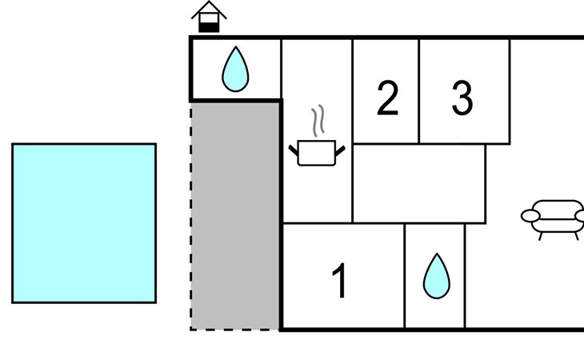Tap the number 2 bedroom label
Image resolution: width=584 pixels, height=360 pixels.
click(388, 98)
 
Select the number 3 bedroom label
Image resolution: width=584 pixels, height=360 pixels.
click(462, 98)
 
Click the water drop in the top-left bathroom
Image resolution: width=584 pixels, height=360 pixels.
click(235, 70)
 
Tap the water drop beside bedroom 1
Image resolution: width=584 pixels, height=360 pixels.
click(437, 276)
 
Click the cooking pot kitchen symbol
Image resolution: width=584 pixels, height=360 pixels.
click(317, 153)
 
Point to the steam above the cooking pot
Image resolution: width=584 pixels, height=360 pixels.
click(318, 120)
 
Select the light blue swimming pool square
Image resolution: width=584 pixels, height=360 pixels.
click(84, 223)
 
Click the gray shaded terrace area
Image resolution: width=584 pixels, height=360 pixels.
click(235, 215)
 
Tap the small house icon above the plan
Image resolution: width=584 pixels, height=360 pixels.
click(209, 17)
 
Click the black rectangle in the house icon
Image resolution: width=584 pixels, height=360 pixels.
click(209, 27)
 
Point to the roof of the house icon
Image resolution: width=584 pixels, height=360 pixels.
click(209, 10)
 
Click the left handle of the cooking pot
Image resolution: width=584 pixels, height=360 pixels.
click(294, 150)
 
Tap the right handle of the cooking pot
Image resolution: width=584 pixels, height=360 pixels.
click(340, 150)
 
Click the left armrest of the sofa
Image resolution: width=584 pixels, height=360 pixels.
click(530, 216)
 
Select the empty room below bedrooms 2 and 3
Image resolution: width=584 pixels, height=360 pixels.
click(419, 183)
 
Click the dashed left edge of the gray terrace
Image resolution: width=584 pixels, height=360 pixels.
click(191, 216)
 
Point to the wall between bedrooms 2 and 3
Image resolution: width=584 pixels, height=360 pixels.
click(419, 91)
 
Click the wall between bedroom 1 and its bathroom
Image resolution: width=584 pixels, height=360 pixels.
click(405, 276)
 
